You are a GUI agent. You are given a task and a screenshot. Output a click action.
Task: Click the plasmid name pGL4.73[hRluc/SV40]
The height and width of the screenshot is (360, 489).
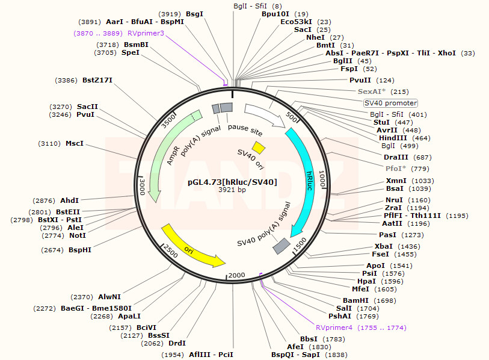point(232,181)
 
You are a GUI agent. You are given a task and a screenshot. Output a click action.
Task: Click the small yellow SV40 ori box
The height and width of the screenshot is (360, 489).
point(259,147)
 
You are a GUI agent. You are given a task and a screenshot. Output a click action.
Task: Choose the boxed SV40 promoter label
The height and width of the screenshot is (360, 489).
point(390,103)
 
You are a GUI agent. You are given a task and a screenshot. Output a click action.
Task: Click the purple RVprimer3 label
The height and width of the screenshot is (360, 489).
point(146,33)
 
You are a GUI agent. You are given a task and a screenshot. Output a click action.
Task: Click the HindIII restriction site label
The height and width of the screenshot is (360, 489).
point(391,138)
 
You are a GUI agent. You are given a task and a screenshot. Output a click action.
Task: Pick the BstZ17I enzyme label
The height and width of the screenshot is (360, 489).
point(97,80)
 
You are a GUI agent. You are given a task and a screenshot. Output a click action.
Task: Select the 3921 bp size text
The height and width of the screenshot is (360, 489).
point(232,190)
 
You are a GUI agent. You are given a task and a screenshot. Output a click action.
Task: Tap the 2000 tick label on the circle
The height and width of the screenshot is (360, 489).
point(236,275)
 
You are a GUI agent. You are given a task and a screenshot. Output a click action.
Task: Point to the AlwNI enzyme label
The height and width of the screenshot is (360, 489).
point(109,297)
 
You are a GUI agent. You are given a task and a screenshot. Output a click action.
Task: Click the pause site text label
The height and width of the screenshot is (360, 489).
point(244,130)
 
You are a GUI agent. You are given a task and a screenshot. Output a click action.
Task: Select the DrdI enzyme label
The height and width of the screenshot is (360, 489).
point(177,343)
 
